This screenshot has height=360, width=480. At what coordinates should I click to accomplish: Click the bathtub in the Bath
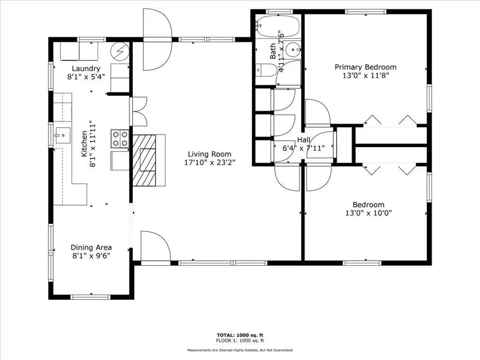click(x=277, y=26)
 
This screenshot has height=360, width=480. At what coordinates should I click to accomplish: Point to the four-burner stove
click(x=120, y=138)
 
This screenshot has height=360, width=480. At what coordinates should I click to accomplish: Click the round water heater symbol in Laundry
click(x=120, y=51)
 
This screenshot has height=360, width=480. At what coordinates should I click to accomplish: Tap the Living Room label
click(x=210, y=154)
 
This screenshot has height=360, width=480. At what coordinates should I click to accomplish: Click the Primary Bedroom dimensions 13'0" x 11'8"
click(x=366, y=75)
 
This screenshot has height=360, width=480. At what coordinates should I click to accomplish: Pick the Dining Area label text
click(x=91, y=247)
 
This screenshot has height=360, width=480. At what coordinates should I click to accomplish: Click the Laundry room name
click(x=86, y=68)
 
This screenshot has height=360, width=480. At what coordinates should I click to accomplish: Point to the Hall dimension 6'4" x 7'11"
click(x=303, y=148)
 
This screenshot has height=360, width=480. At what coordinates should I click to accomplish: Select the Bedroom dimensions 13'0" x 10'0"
click(x=368, y=213)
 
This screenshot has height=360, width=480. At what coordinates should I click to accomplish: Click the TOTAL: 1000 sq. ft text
click(x=240, y=335)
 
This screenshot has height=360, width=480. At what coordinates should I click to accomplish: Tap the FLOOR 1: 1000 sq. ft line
click(x=240, y=340)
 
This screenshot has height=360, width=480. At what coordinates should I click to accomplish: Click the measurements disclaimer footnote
click(x=240, y=350)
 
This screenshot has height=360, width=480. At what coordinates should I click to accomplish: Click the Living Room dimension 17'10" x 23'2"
click(x=210, y=162)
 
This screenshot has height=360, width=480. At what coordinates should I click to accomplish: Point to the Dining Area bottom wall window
click(x=90, y=297)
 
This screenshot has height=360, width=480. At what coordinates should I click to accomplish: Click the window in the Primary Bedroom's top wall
click(x=366, y=12)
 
